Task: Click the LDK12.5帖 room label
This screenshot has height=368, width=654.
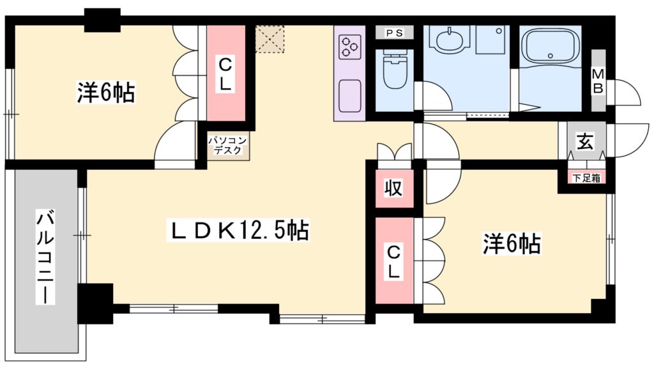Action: point(238,231)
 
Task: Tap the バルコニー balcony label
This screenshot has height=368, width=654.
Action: point(44,256)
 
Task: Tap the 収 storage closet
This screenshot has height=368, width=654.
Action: point(393,188)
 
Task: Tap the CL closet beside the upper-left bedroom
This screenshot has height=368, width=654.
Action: point(225,73)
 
